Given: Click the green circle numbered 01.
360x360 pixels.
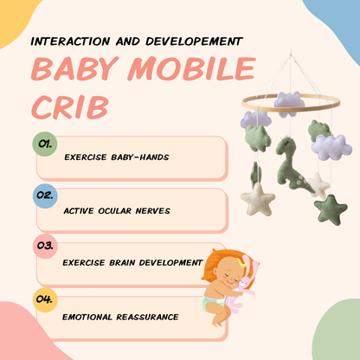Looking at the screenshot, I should point(44,144).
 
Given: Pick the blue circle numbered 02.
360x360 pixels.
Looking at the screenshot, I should point(44,196).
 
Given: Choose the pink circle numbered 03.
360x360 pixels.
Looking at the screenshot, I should point(44,246).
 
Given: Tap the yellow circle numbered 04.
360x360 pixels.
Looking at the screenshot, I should point(44,300).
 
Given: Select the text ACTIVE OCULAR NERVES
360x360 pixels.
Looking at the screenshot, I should point(117,209).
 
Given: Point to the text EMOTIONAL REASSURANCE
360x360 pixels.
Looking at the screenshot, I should point(120,317).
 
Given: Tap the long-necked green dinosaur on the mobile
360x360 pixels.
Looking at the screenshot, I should point(288,155).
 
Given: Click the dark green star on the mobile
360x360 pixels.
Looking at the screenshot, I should point(330,209).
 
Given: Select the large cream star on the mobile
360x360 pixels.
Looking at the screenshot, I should point(259,201).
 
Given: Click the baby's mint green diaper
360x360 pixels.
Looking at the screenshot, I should point(213,304).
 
